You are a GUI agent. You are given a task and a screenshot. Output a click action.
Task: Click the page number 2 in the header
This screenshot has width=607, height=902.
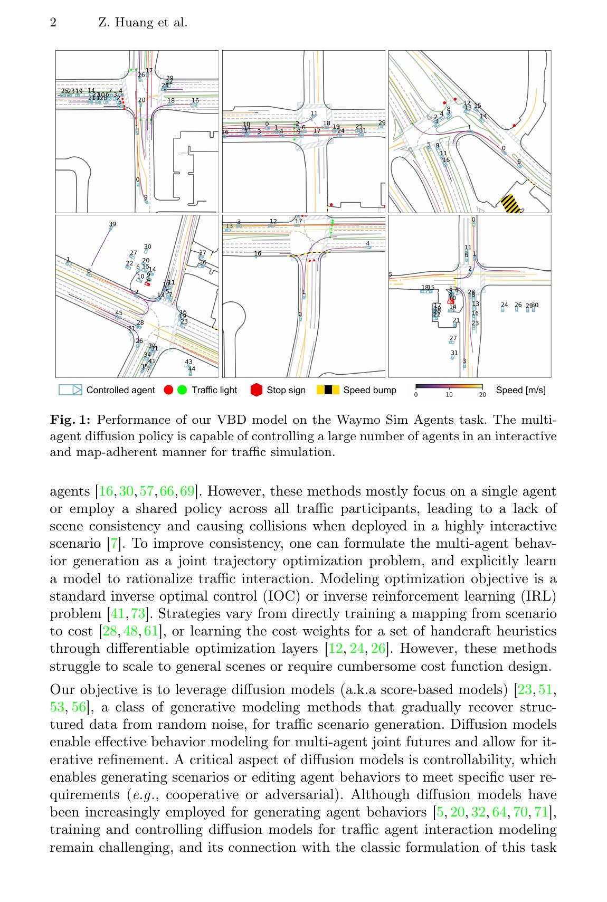point(53,23)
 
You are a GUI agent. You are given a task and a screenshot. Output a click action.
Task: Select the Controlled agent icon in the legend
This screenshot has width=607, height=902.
point(70,390)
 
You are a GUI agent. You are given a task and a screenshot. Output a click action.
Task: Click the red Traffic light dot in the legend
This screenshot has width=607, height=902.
point(169,391)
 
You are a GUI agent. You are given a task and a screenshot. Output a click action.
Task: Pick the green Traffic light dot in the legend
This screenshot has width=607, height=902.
point(182,391)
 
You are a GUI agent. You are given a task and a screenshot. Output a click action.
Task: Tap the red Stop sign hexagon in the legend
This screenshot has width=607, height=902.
point(257,391)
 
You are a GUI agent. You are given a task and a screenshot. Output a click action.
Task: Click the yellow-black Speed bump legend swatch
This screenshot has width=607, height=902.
point(328,390)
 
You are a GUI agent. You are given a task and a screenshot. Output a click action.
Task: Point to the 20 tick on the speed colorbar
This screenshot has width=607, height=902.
point(482,395)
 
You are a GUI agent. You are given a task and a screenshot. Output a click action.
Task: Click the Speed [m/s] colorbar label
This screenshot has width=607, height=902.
point(521,390)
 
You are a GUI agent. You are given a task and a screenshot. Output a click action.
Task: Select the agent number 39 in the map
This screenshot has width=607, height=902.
point(112,224)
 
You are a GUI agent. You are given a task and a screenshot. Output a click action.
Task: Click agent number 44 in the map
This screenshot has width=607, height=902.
point(192,369)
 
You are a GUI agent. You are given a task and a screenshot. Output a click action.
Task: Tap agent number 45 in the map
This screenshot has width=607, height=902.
point(119,313)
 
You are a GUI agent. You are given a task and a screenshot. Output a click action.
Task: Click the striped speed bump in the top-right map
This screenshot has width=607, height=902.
point(510,204)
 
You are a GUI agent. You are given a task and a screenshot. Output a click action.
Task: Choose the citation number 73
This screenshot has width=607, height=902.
point(139,614)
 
